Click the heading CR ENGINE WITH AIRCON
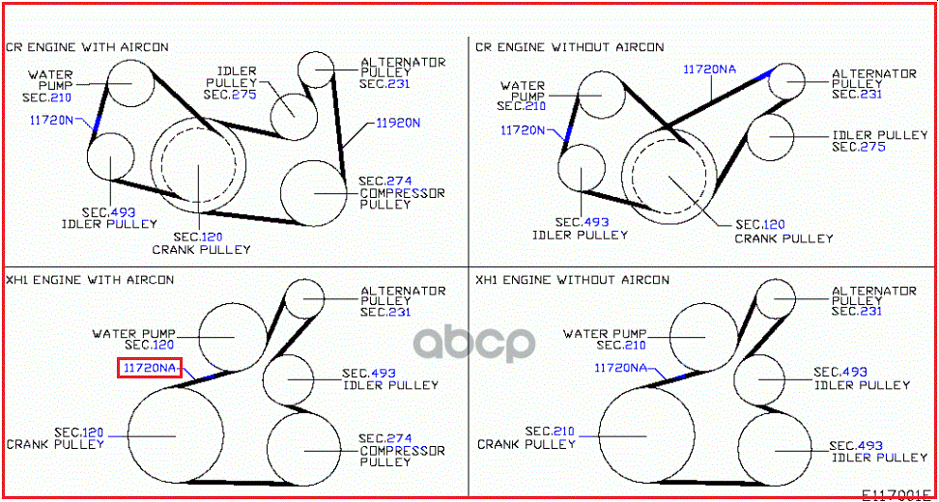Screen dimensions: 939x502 pos(88,46)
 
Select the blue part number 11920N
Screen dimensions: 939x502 pos(398,124)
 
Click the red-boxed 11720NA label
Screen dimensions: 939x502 pos(149,369)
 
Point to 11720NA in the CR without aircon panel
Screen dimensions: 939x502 pos(710,70)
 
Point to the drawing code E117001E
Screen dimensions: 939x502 pos(897,496)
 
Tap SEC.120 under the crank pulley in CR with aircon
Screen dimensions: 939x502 pos(198,237)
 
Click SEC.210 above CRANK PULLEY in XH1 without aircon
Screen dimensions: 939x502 pos(550,431)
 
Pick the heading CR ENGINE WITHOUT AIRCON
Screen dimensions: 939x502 pos(570,46)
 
